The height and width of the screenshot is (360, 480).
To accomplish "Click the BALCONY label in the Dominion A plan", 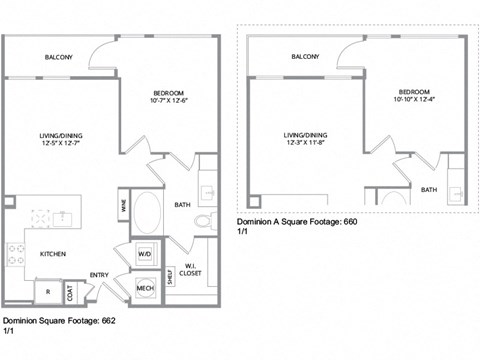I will tap(305, 57).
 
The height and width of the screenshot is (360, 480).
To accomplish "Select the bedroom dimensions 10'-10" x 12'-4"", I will tap(415, 98).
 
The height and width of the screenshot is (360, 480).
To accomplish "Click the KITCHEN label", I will tap(53, 254).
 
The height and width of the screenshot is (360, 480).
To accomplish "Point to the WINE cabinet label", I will tap(124, 207).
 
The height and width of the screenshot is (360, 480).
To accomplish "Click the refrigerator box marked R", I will tap(47, 291).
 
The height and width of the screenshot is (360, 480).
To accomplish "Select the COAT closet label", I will tap(71, 291).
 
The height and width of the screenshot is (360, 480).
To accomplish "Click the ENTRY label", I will tap(100, 275).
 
